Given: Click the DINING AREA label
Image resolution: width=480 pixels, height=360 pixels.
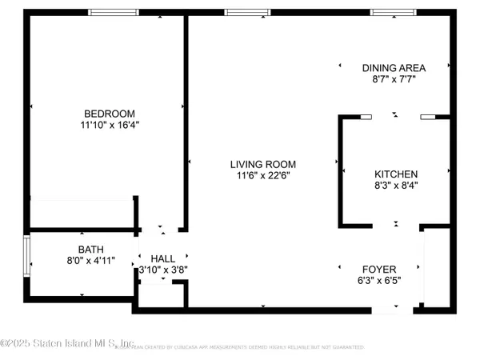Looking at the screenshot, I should [393, 68].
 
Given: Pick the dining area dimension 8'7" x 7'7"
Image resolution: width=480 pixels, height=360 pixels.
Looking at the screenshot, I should [393, 79].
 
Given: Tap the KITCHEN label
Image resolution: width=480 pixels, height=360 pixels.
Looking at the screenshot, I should [396, 174].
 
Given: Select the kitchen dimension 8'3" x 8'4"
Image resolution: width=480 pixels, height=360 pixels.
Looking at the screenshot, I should [396, 185].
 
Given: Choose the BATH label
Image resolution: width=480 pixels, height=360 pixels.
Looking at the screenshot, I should [90, 249].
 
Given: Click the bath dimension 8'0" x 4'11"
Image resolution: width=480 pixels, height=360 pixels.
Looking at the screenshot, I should [90, 260].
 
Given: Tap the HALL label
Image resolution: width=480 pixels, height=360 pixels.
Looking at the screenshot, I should [162, 258].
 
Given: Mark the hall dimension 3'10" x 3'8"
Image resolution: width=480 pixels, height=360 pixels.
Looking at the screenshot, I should [162, 270].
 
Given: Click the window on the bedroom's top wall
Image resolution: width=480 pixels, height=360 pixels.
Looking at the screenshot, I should [111, 13].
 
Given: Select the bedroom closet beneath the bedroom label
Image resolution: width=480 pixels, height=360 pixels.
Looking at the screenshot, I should [80, 214].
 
